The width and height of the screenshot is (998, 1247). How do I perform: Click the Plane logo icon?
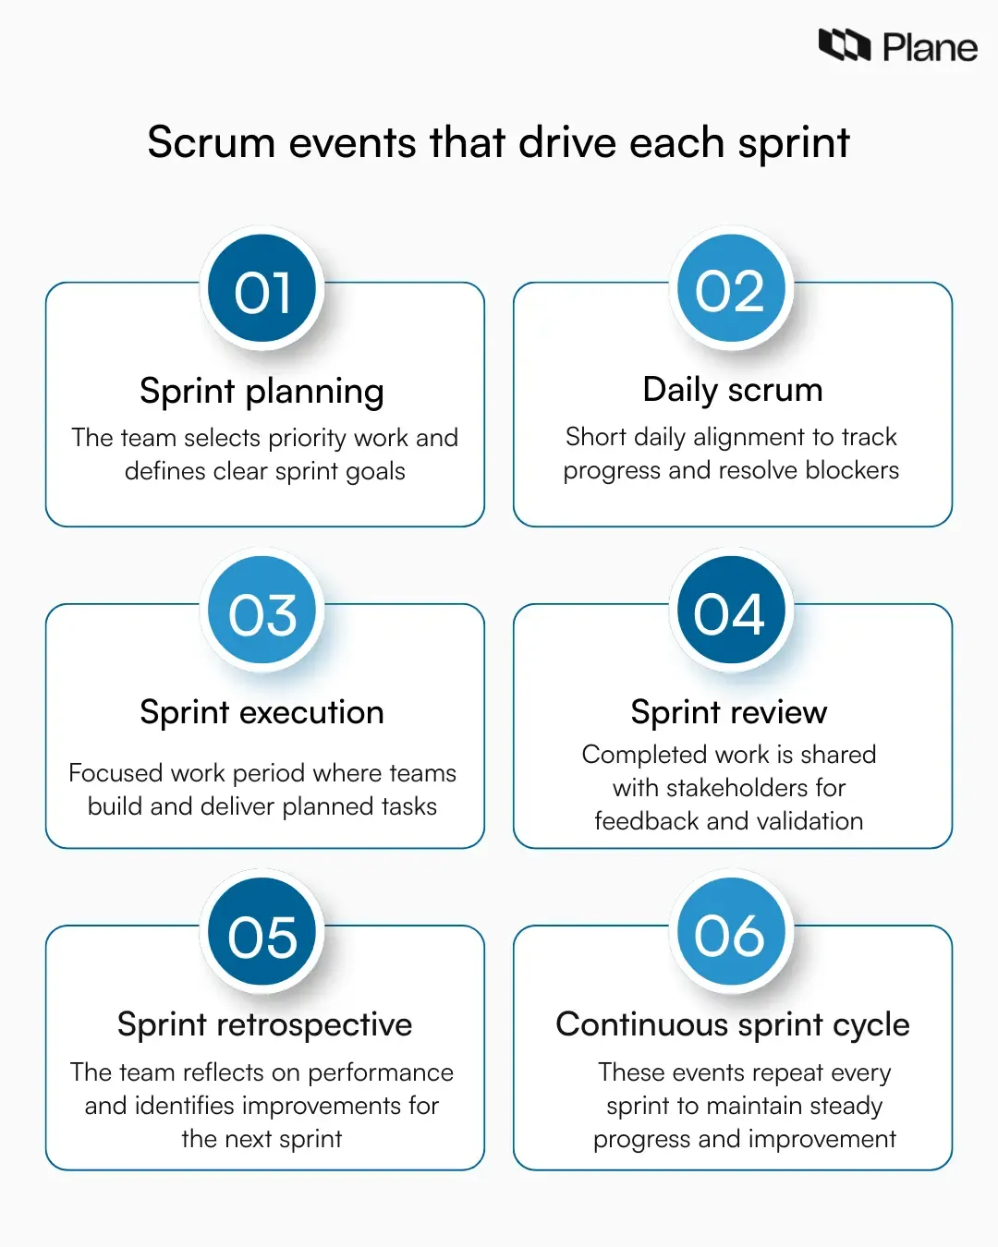point(844,45)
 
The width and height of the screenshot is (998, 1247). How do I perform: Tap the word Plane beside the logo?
point(930,48)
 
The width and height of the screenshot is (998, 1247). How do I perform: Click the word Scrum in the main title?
point(212,143)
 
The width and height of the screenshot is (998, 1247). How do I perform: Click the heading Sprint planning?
point(262,392)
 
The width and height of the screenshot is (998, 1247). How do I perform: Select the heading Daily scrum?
point(732,390)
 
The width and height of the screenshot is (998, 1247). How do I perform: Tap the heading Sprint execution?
point(262,712)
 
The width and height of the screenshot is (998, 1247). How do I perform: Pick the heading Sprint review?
point(729,712)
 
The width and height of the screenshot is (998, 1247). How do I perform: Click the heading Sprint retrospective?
point(264,1024)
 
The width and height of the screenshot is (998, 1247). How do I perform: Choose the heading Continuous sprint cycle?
point(732,1024)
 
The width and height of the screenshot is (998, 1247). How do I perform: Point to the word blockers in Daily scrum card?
point(852,470)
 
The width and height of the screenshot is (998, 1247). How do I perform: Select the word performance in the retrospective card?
point(381,1072)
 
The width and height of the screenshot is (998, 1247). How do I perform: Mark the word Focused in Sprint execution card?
point(116,773)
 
